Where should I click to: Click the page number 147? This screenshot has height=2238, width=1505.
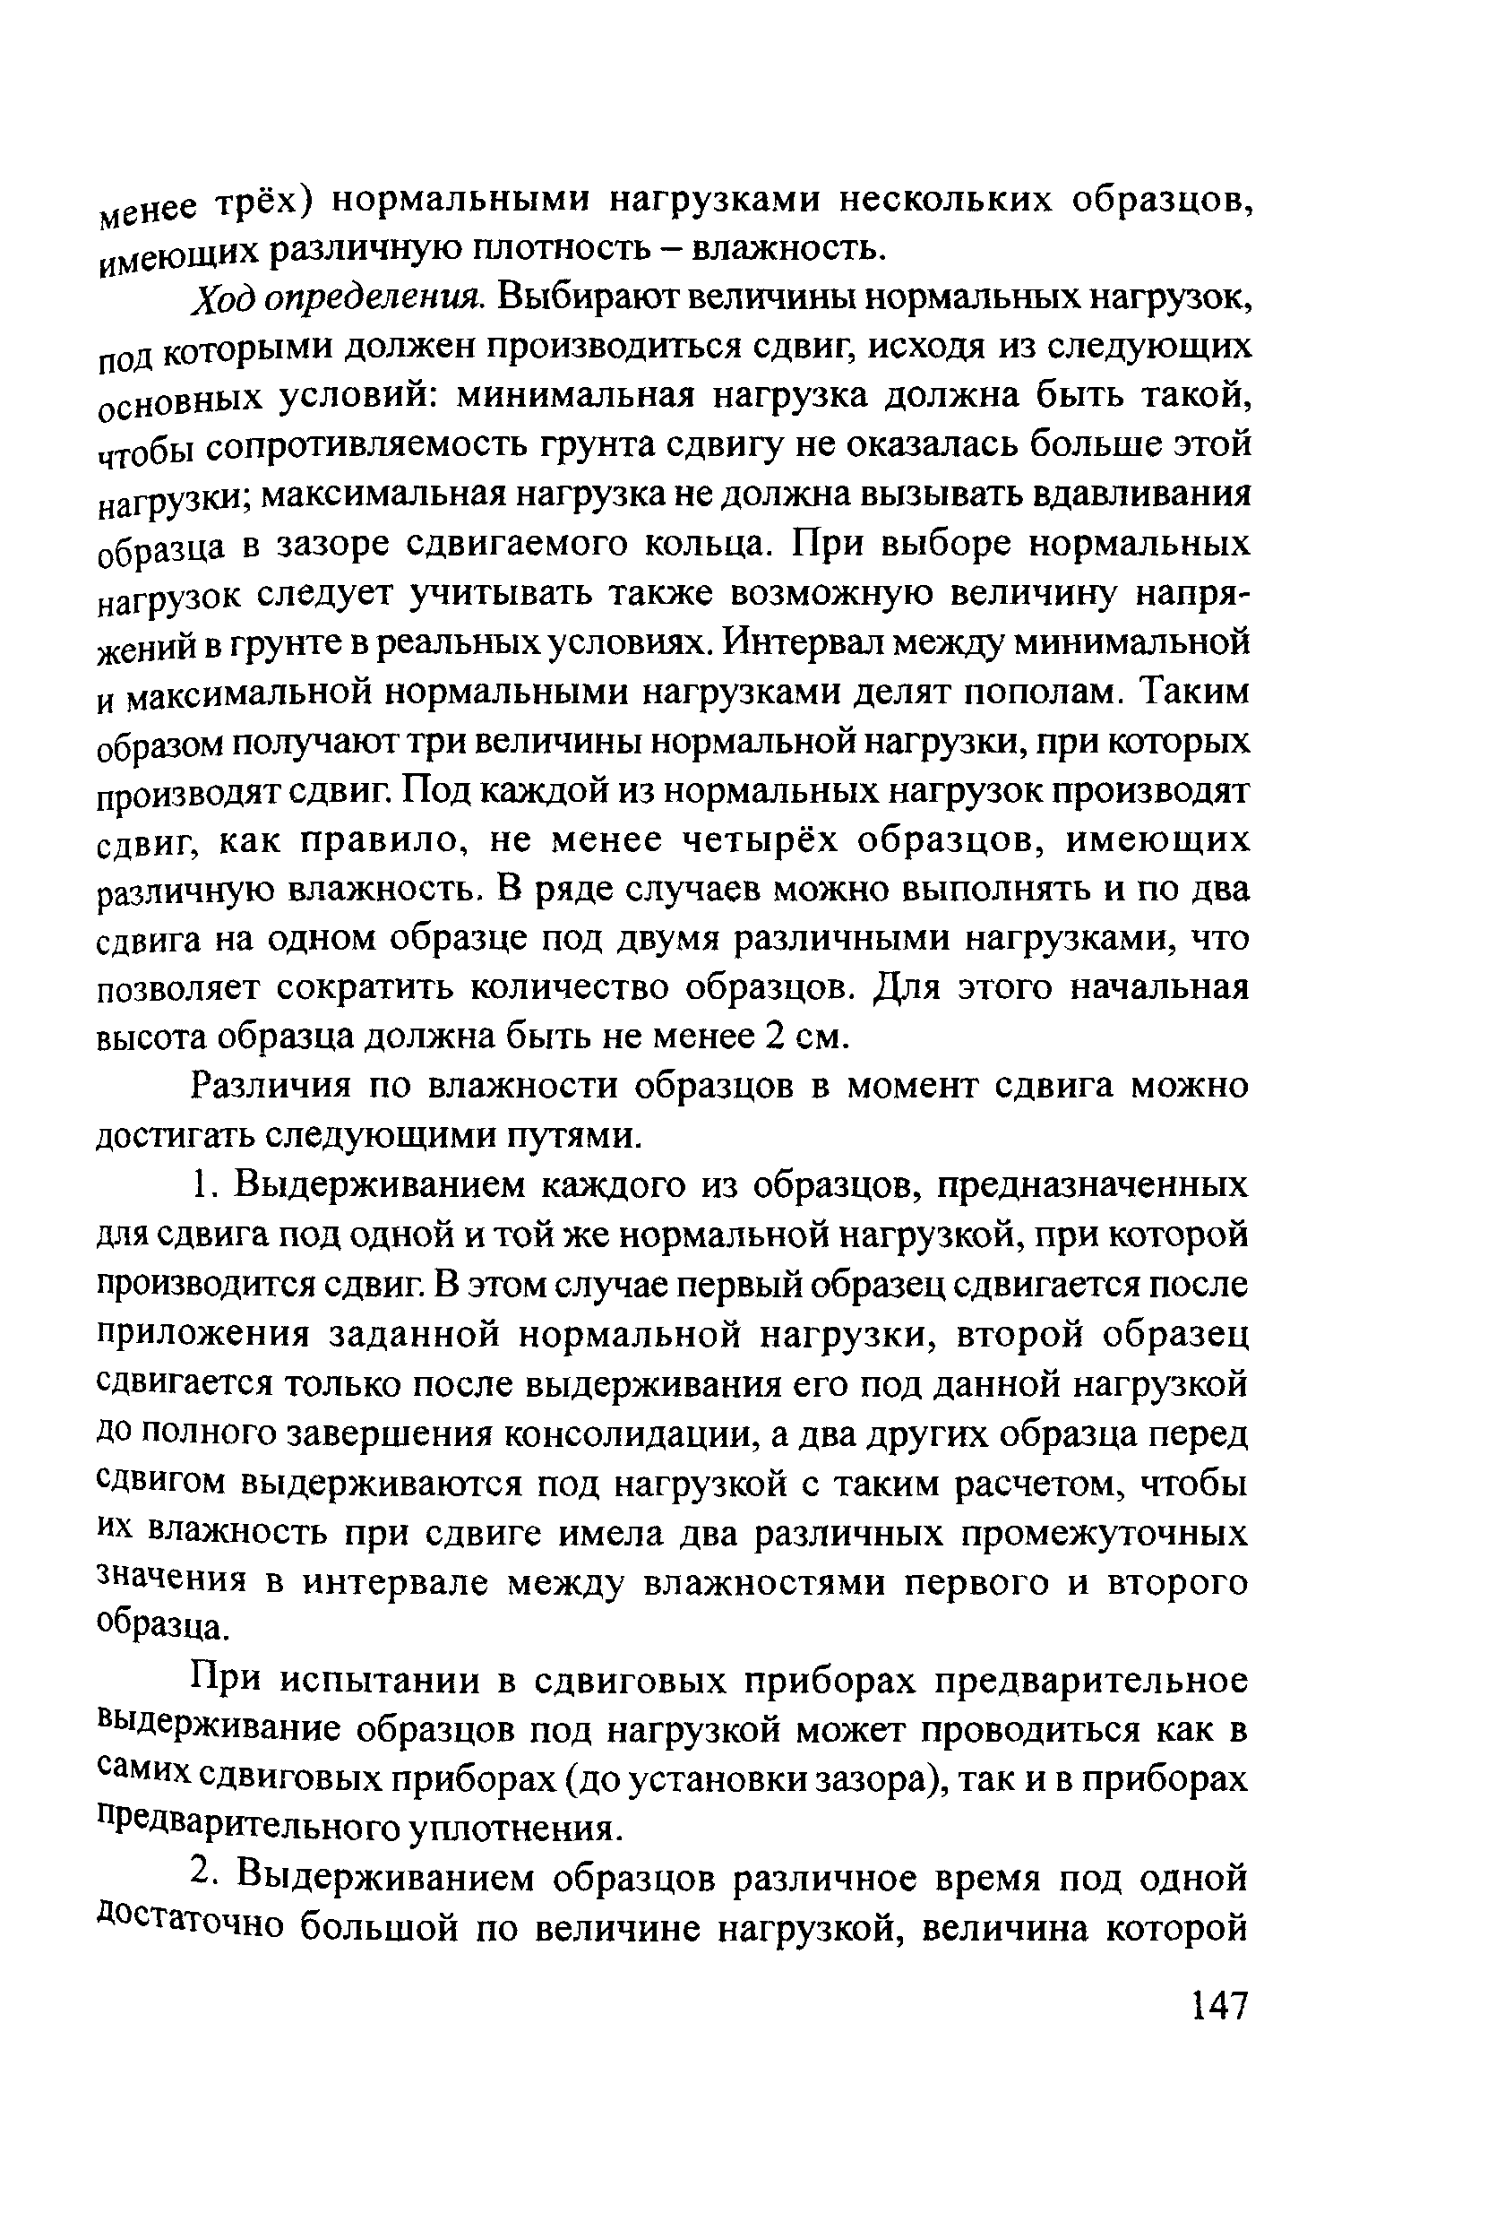[1219, 2006]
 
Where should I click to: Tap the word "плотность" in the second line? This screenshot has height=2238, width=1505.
[566, 251]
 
